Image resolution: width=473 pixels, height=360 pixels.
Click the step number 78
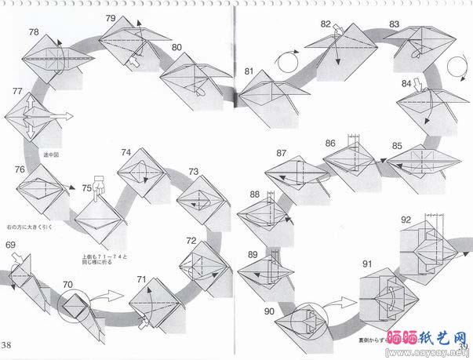[34, 32]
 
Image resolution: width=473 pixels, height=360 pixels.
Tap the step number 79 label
[111, 18]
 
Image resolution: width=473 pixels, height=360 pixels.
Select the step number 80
[176, 47]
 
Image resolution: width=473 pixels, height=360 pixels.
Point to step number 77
[17, 92]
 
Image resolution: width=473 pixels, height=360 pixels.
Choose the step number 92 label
[406, 219]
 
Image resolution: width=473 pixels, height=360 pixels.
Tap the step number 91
[368, 264]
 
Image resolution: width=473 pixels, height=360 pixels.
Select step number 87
[282, 152]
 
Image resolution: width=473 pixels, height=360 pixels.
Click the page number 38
[7, 346]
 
